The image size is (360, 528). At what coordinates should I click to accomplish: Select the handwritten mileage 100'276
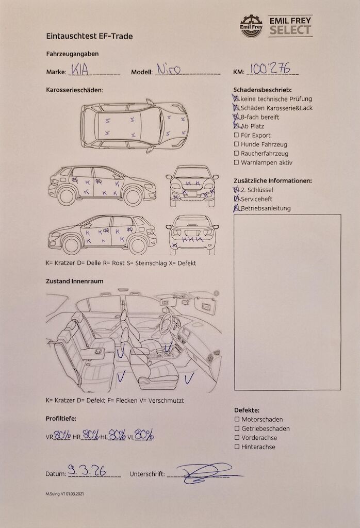pyautogui.click(x=270, y=69)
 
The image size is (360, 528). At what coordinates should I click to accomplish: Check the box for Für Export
pyautogui.click(x=236, y=136)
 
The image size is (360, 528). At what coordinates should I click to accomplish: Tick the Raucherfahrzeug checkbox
pyautogui.click(x=236, y=154)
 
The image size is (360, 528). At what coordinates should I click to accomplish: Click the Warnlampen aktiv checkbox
pyautogui.click(x=236, y=163)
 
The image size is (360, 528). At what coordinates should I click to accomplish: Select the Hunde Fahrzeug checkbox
pyautogui.click(x=236, y=145)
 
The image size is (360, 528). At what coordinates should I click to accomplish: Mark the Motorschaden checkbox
pyautogui.click(x=237, y=420)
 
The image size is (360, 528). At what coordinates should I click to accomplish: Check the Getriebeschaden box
pyautogui.click(x=237, y=429)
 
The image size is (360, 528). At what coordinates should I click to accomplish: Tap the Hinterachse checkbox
pyautogui.click(x=237, y=447)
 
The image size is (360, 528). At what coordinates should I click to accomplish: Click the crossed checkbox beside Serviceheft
pyautogui.click(x=237, y=199)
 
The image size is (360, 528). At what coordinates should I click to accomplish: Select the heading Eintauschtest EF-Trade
pyautogui.click(x=89, y=36)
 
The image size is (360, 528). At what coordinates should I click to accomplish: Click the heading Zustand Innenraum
pyautogui.click(x=74, y=282)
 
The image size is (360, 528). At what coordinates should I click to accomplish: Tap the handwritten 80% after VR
pyautogui.click(x=61, y=435)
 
